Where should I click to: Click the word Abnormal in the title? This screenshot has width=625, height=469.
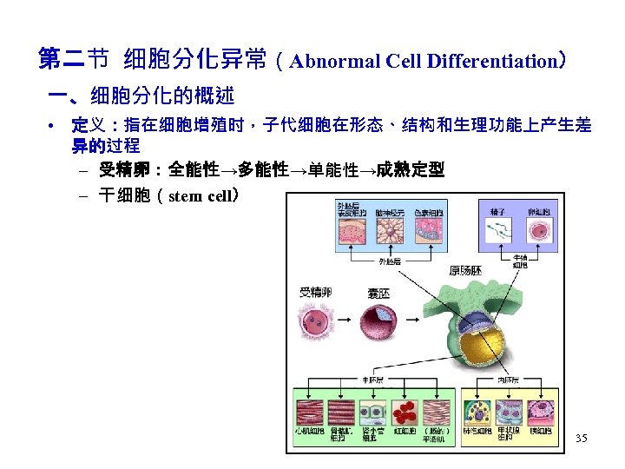[330, 62]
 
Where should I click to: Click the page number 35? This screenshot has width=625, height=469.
[581, 439]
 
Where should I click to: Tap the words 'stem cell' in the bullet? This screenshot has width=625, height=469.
[200, 195]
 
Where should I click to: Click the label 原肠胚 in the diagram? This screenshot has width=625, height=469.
[466, 271]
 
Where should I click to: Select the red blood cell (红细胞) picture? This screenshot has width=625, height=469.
[407, 412]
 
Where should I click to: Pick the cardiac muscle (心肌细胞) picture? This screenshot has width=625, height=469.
[310, 412]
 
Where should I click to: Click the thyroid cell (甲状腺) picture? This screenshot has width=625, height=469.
[509, 412]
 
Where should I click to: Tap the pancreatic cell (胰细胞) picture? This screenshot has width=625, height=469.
[541, 412]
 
